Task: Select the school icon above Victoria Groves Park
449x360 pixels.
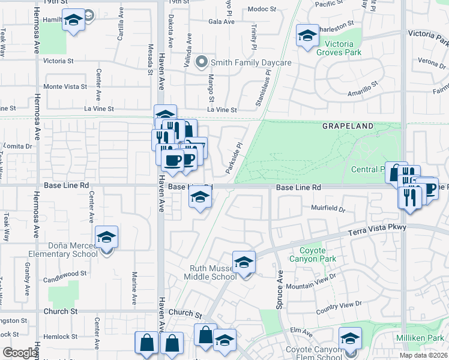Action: click(x=307, y=36)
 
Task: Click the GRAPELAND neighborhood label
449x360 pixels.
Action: click(x=348, y=126)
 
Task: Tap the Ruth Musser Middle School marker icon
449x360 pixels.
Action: click(x=244, y=262)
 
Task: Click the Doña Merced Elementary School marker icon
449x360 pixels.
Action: click(x=106, y=237)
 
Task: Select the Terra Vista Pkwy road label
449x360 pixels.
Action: click(x=380, y=229)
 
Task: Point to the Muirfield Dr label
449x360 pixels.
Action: click(x=328, y=209)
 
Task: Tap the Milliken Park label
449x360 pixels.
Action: click(x=419, y=338)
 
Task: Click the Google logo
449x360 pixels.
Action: click(x=20, y=353)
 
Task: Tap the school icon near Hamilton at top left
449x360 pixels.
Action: click(x=73, y=22)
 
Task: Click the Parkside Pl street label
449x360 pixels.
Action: click(x=234, y=155)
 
